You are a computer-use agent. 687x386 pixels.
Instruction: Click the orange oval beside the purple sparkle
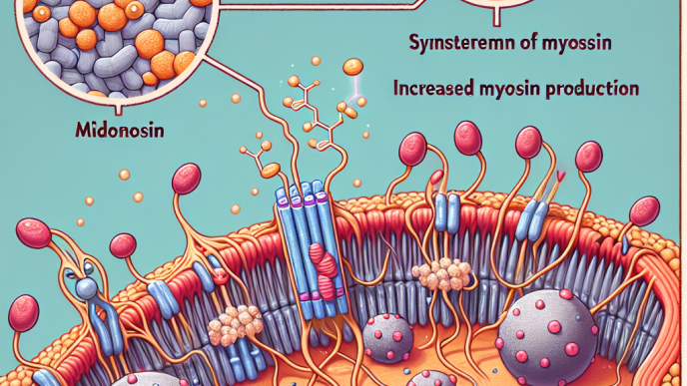[353, 68]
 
